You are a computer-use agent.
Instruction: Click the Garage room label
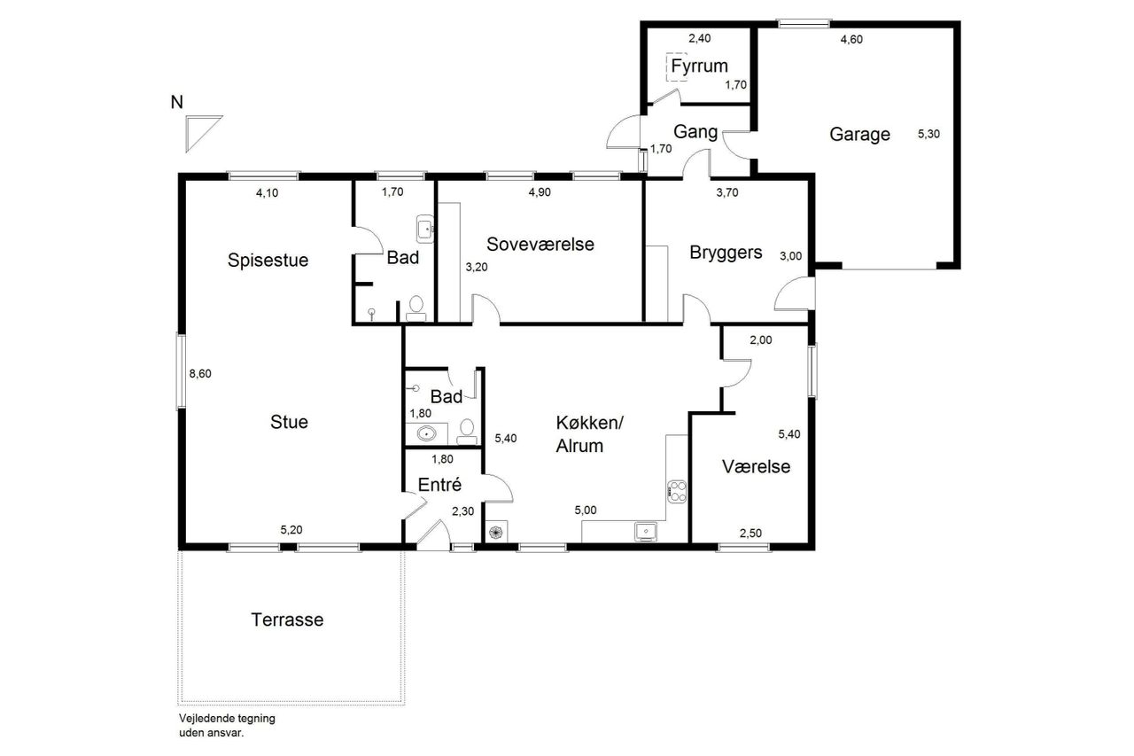click(859, 134)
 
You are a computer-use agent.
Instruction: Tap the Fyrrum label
click(699, 66)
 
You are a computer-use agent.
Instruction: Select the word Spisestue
click(268, 261)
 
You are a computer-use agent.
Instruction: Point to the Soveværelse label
click(540, 244)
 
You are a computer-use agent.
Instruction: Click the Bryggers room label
click(726, 253)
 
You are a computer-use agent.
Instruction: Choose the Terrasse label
click(287, 620)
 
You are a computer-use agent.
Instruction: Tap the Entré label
click(439, 485)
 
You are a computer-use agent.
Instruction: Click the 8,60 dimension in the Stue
click(200, 374)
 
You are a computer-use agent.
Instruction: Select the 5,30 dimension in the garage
click(928, 134)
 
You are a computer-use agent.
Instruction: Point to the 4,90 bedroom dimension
click(540, 192)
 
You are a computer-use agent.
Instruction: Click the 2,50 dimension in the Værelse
click(750, 534)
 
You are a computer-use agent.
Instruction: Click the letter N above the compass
click(176, 102)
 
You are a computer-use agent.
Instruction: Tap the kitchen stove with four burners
click(677, 492)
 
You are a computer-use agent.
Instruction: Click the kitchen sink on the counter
click(646, 532)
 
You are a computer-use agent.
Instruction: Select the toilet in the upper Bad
click(416, 308)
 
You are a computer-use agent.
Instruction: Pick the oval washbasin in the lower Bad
click(427, 433)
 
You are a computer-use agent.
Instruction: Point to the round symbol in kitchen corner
click(496, 532)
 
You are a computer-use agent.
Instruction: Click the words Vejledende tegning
click(227, 719)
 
